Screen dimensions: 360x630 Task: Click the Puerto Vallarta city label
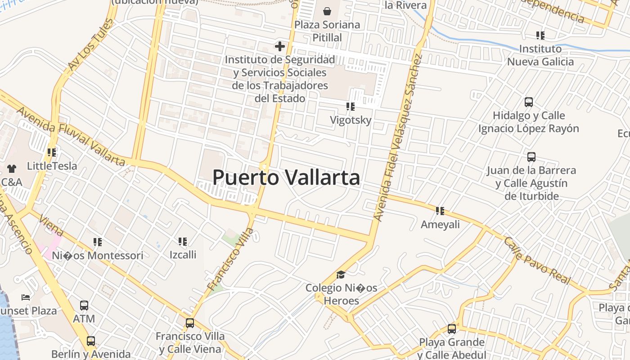(x=286, y=178)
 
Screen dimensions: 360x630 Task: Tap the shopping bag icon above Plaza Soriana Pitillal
(x=327, y=11)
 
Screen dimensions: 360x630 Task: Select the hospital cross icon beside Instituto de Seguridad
(x=280, y=46)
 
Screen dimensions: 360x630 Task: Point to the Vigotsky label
(x=351, y=120)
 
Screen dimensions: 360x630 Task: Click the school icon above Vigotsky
(x=350, y=107)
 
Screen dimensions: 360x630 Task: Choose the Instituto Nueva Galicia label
(x=540, y=55)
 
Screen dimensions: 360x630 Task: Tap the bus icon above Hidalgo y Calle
(x=529, y=102)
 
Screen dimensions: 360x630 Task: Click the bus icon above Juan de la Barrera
(x=531, y=157)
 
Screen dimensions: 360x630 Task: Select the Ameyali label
(x=440, y=224)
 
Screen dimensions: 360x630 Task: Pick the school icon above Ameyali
(x=440, y=211)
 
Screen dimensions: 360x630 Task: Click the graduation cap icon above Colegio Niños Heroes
(x=341, y=274)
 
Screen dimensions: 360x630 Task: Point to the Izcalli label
(x=183, y=255)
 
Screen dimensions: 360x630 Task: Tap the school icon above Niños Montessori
(x=97, y=242)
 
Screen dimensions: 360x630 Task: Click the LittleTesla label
(x=52, y=166)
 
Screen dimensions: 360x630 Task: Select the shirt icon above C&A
(x=12, y=169)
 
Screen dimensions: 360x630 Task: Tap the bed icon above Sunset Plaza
(x=26, y=297)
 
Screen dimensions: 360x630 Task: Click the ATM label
(x=84, y=319)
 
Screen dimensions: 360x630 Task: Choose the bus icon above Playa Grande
(x=452, y=329)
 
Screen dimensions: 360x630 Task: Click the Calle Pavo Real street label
(x=537, y=261)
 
